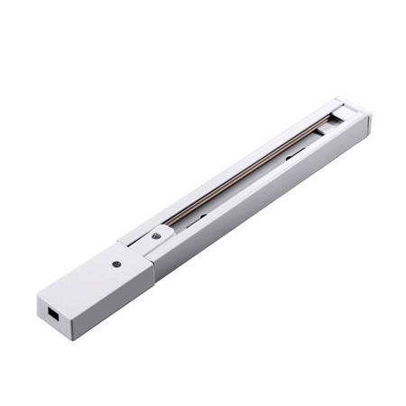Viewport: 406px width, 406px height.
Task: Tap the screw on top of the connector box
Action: [116, 264]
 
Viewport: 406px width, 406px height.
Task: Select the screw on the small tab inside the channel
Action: [156, 235]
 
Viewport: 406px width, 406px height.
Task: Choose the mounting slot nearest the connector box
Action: [200, 217]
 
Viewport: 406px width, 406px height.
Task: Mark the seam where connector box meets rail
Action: [146, 262]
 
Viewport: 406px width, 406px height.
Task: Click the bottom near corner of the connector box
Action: [74, 339]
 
